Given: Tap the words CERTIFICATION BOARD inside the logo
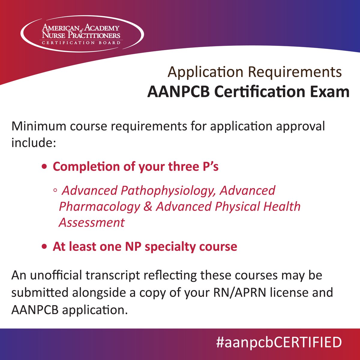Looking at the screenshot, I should [81, 43].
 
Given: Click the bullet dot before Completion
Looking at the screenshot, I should [44, 167].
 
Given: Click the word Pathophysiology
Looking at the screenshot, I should [168, 191].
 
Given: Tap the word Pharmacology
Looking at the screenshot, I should [99, 207].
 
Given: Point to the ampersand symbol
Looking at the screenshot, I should [148, 207].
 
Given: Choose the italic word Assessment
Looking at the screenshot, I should [91, 223].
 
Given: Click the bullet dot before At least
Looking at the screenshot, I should [44, 247].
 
